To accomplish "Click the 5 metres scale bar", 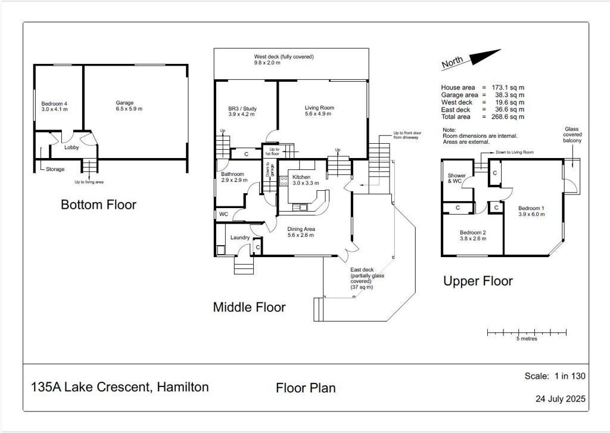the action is click(527, 333).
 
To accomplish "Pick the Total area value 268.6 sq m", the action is click(508, 117).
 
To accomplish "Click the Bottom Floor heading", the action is click(98, 205).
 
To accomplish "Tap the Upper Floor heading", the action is click(478, 281).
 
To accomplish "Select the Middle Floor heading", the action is click(250, 307).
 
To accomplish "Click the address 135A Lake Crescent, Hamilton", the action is click(120, 387).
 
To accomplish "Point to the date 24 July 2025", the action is click(560, 399).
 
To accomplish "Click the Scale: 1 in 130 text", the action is click(555, 376).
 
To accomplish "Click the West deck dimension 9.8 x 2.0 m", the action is click(267, 63).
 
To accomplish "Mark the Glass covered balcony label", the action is click(572, 135).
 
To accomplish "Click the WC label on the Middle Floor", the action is click(224, 214).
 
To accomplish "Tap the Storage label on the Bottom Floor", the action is click(55, 169).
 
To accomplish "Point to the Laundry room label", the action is click(239, 237).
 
